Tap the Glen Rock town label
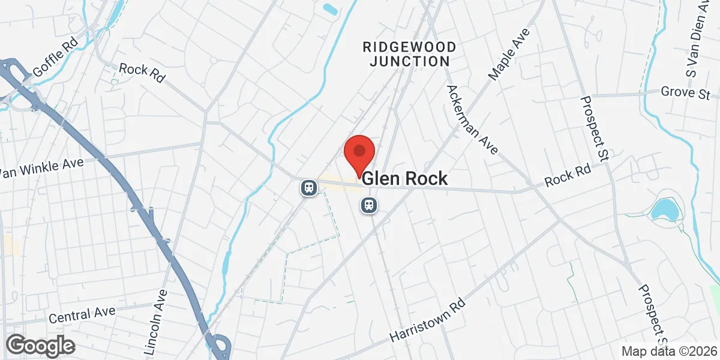405,179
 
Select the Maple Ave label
510,54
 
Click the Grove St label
685,93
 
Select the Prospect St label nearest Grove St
595,128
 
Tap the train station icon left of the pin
308,188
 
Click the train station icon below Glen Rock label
368,206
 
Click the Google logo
41,346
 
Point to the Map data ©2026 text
669,352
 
